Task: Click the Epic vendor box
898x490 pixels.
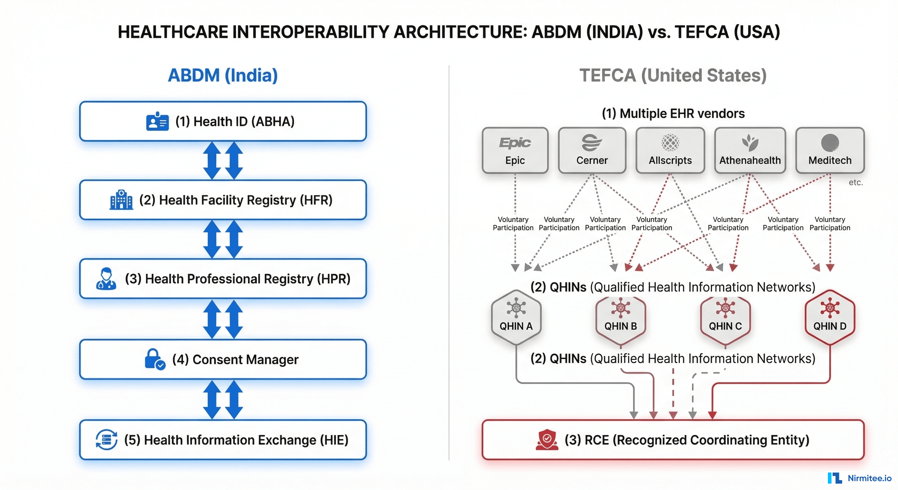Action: pos(515,150)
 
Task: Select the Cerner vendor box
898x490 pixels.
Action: pos(592,150)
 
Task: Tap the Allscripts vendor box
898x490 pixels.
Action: pos(670,150)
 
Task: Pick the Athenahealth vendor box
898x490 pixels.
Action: pos(750,150)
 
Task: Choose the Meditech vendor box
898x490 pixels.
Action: pos(830,150)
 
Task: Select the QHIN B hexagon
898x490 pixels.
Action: pos(621,318)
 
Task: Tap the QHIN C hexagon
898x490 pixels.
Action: pos(725,318)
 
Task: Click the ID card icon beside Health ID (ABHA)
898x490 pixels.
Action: pos(157,122)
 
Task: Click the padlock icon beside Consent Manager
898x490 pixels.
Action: pos(154,359)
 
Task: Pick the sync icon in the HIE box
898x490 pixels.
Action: pos(106,440)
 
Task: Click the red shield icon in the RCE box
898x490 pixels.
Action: pos(547,440)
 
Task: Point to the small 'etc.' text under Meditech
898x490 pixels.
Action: pos(856,182)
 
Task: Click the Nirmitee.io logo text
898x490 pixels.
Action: pos(869,478)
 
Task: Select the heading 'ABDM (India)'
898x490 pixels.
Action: pos(223,75)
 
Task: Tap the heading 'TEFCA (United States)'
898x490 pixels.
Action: pos(673,75)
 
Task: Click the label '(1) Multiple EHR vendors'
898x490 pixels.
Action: pos(673,114)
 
